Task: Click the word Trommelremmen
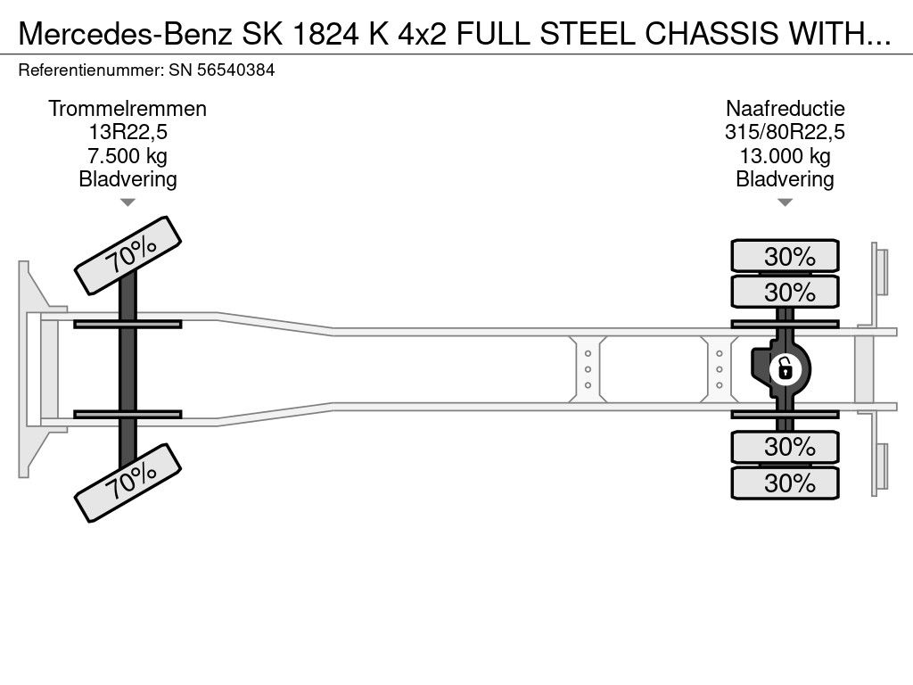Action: pyautogui.click(x=127, y=109)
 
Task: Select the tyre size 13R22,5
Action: pyautogui.click(x=127, y=132)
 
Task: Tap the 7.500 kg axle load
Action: pyautogui.click(x=127, y=156)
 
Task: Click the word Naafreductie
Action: pyautogui.click(x=785, y=109)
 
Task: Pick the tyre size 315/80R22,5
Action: pyautogui.click(x=785, y=132)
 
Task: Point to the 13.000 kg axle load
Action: pyautogui.click(x=785, y=156)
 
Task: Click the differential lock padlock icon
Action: pyautogui.click(x=785, y=369)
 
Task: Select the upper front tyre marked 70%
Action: pyautogui.click(x=127, y=256)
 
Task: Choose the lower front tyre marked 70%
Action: pyautogui.click(x=127, y=483)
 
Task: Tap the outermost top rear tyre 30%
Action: pyautogui.click(x=785, y=255)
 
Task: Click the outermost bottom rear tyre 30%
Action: pyautogui.click(x=785, y=483)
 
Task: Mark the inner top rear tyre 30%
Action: pyautogui.click(x=785, y=292)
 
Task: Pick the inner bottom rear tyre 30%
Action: pyautogui.click(x=785, y=447)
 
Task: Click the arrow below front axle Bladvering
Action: pyautogui.click(x=127, y=202)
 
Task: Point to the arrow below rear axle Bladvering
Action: pyautogui.click(x=785, y=202)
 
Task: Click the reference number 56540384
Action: pyautogui.click(x=235, y=70)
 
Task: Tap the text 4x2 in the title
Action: pyautogui.click(x=422, y=34)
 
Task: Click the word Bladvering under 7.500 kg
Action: pyautogui.click(x=127, y=179)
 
